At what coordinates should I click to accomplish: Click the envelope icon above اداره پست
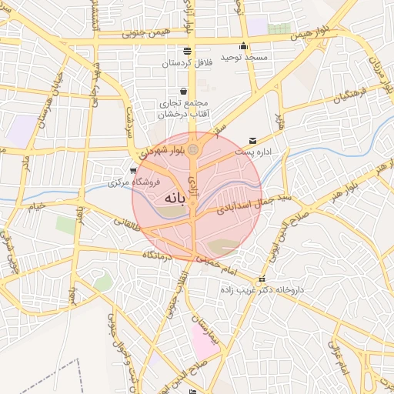point(253,140)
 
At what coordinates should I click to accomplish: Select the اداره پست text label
point(253,152)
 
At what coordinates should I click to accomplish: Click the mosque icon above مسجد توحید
point(243,45)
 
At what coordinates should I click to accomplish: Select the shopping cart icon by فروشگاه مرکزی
point(134,171)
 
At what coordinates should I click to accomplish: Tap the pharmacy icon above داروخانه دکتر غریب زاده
point(262,279)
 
